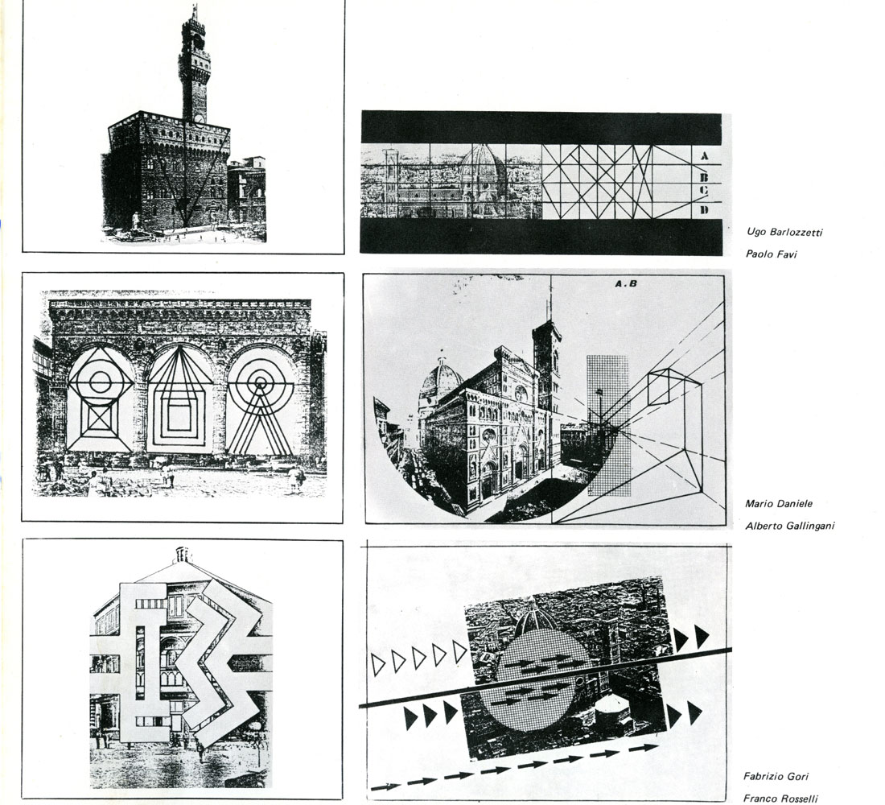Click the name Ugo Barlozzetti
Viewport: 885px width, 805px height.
click(x=784, y=232)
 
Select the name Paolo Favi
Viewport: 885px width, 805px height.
click(x=771, y=254)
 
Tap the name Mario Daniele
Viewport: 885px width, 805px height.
click(x=778, y=503)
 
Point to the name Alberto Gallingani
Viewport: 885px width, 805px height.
click(x=789, y=526)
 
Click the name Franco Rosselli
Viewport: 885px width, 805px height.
click(x=780, y=799)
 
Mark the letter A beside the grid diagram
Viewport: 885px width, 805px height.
click(x=704, y=155)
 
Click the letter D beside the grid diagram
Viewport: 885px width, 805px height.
click(x=704, y=210)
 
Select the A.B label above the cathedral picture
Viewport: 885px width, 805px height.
click(x=625, y=283)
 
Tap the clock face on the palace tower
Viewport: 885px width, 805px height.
click(x=200, y=118)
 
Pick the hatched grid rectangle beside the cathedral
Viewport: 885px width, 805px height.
click(x=608, y=425)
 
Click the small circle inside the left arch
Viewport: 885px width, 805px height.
click(x=100, y=382)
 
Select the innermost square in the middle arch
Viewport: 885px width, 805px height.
click(x=179, y=418)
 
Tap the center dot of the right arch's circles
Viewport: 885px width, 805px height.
click(x=260, y=384)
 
